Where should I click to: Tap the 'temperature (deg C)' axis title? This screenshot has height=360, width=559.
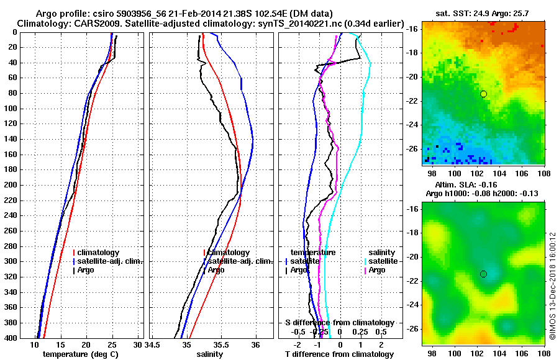click(x=80, y=354)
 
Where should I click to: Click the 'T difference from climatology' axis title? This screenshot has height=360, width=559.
click(x=339, y=354)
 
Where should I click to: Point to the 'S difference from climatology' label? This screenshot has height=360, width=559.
click(x=339, y=322)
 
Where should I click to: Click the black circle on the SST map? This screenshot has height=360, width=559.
click(x=483, y=94)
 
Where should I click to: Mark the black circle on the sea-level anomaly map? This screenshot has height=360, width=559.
click(x=483, y=274)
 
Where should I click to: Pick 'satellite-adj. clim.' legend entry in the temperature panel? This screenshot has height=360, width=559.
click(x=110, y=261)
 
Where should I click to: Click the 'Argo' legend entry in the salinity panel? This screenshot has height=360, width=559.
click(x=216, y=270)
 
